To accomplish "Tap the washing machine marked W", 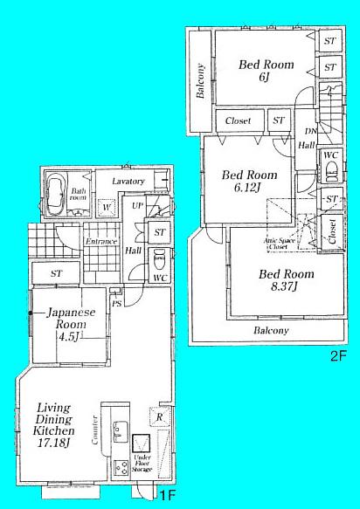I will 107,208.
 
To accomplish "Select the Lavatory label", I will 128,182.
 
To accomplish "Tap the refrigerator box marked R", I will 158,416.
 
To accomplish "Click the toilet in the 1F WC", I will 158,260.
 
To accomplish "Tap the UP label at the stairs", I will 136,205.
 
